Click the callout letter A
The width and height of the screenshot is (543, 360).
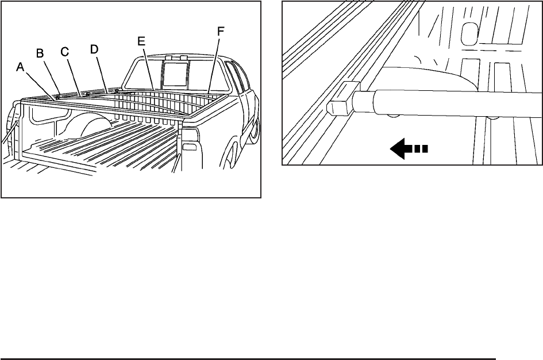tap(20, 67)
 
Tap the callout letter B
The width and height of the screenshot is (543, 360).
tap(40, 53)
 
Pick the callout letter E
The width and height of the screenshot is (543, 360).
tap(142, 41)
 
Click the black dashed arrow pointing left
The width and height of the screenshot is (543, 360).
tap(408, 150)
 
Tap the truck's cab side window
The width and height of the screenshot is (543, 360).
tap(234, 75)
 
